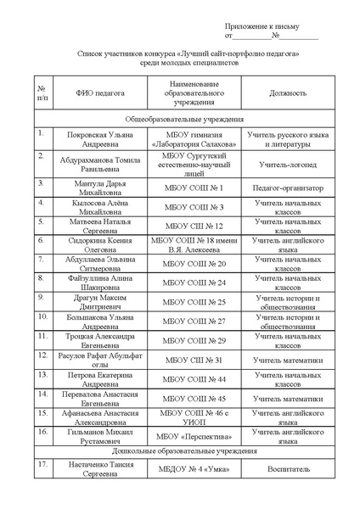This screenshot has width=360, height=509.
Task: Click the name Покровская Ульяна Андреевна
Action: click(x=99, y=140)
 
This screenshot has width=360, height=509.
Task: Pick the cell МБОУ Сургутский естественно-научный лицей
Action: click(x=194, y=164)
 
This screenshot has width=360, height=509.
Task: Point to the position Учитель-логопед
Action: click(x=287, y=164)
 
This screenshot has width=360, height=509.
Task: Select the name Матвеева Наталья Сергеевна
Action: click(x=99, y=226)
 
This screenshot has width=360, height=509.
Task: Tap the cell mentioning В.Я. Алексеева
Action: click(x=194, y=245)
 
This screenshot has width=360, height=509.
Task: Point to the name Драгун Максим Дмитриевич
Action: click(x=99, y=302)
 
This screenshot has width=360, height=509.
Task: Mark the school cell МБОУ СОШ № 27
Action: click(x=194, y=322)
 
